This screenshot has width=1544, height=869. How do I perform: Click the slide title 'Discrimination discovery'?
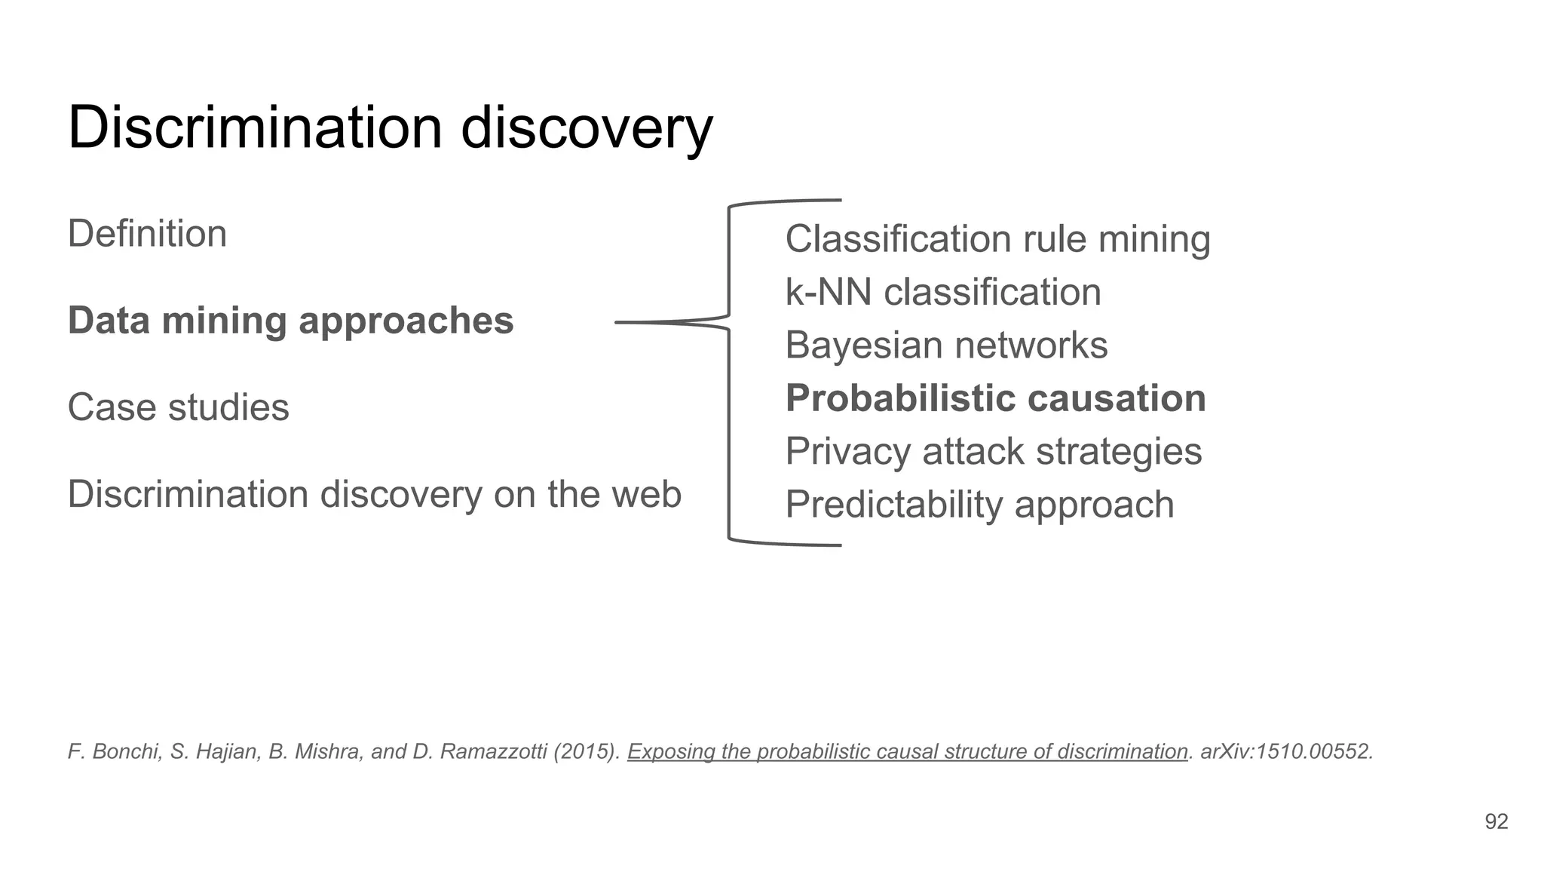click(390, 127)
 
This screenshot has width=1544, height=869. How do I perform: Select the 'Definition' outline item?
click(147, 234)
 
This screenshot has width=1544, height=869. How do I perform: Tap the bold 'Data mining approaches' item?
click(290, 321)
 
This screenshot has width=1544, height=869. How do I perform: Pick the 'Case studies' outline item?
click(178, 407)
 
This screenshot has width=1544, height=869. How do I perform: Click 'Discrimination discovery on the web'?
click(374, 495)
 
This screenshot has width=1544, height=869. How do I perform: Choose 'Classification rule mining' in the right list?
click(997, 239)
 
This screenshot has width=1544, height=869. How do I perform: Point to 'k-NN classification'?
click(942, 292)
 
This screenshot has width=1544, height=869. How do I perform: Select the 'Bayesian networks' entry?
click(946, 345)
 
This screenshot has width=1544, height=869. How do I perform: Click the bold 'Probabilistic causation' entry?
click(995, 398)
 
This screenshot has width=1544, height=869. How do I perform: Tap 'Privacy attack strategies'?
click(993, 451)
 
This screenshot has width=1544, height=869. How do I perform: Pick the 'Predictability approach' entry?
click(979, 505)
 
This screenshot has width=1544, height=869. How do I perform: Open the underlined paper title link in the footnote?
click(907, 751)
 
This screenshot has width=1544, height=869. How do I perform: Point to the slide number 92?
click(1496, 821)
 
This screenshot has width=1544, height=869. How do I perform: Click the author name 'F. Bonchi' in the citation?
click(113, 751)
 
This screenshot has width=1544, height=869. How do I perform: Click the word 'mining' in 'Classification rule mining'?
click(1153, 239)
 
